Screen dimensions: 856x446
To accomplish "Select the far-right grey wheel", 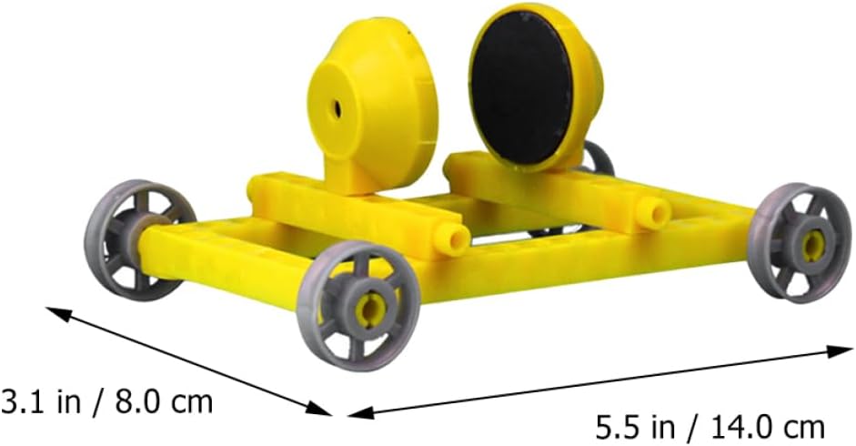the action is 800,243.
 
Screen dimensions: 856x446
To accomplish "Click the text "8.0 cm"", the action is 163,402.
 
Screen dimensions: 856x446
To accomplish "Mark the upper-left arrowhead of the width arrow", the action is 55,312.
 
